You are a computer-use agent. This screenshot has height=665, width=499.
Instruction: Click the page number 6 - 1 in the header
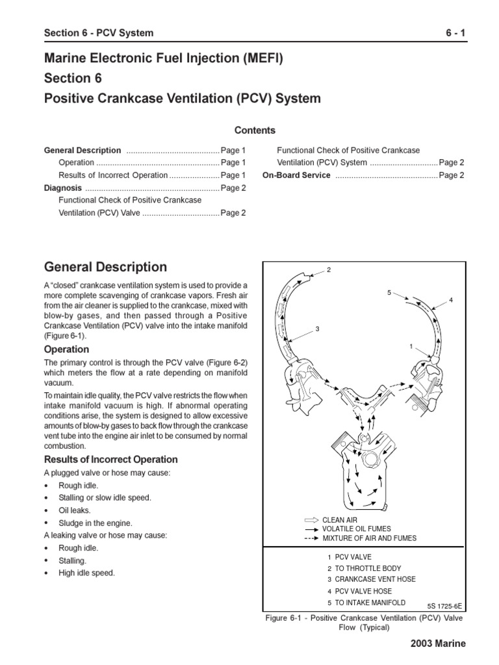click(x=453, y=33)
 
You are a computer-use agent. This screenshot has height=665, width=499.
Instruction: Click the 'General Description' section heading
click(x=105, y=267)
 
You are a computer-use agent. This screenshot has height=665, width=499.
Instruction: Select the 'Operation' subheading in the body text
click(x=66, y=349)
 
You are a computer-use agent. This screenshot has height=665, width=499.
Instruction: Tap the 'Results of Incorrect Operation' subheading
click(x=110, y=459)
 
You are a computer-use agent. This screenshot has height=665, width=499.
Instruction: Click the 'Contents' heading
click(x=255, y=130)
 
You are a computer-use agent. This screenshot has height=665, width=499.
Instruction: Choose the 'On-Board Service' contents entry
click(x=296, y=175)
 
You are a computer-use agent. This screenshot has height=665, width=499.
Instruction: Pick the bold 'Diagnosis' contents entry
click(x=62, y=188)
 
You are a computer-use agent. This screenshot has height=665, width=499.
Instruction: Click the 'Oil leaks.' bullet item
click(x=76, y=510)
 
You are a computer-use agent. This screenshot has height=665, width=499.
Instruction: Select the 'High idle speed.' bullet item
click(x=86, y=573)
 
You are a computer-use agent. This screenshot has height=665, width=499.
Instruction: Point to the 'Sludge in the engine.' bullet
click(x=95, y=523)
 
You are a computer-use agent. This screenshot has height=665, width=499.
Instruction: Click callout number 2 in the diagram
click(x=329, y=270)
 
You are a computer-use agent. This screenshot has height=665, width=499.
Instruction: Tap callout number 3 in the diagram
click(x=318, y=329)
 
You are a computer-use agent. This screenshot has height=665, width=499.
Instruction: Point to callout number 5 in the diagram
click(x=389, y=293)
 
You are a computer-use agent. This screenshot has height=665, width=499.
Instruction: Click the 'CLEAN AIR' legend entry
click(x=340, y=520)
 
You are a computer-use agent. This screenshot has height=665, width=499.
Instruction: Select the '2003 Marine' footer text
click(x=437, y=643)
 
